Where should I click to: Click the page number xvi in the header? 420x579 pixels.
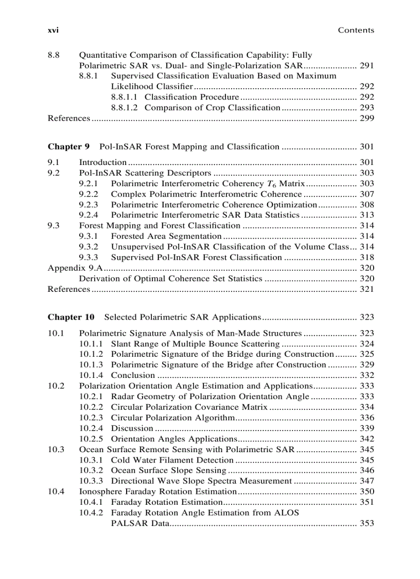[53, 30]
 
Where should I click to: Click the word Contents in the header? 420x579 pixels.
[356, 30]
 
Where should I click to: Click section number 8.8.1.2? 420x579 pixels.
[126, 108]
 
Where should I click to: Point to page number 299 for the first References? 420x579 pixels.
[367, 119]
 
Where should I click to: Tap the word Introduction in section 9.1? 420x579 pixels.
[102, 162]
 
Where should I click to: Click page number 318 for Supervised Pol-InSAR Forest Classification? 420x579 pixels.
[367, 257]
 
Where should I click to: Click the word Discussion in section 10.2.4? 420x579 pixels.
[132, 428]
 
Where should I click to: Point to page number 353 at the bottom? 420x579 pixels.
[367, 524]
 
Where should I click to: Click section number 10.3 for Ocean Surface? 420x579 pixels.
[56, 450]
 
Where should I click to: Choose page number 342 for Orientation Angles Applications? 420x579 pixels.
[367, 439]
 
